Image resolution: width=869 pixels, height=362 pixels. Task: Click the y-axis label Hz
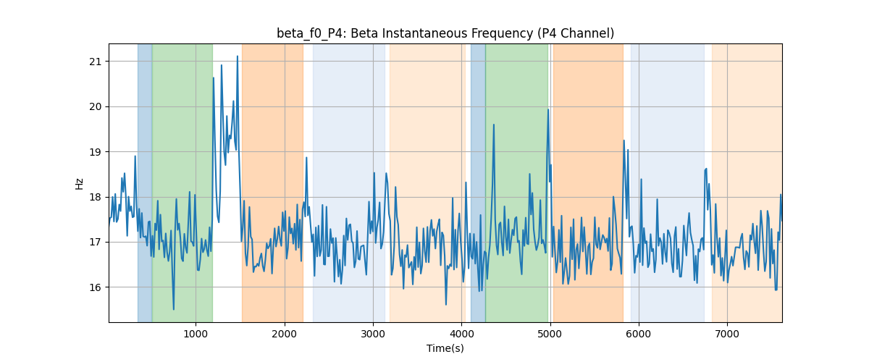pos(79,183)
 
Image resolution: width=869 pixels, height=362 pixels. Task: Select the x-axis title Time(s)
pos(445,348)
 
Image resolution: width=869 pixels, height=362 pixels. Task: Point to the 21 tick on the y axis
pos(95,62)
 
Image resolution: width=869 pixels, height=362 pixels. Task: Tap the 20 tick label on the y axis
pos(95,106)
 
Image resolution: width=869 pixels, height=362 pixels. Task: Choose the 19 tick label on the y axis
pos(95,152)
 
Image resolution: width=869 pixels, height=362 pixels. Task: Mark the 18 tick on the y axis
pos(95,197)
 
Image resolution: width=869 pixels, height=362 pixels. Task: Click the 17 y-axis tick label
pos(95,243)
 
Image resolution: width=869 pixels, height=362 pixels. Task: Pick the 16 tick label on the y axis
pos(95,287)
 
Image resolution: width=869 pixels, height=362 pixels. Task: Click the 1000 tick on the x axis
pos(196,334)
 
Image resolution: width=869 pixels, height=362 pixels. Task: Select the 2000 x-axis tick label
pos(285,334)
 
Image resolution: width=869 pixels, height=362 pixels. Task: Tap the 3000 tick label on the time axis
pos(373,334)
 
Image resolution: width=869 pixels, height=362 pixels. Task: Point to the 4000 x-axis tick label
pos(462,334)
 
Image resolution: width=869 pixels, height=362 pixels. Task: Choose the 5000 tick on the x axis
pos(550,334)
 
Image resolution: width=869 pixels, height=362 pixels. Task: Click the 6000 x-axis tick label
pos(639,334)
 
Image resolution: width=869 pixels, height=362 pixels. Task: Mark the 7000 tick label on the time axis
pos(727,334)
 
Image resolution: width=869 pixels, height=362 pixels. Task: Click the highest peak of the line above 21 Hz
pos(238,56)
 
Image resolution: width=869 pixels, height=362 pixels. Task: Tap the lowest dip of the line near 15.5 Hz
pos(173,309)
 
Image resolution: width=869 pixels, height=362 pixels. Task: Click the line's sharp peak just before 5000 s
pos(548,110)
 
